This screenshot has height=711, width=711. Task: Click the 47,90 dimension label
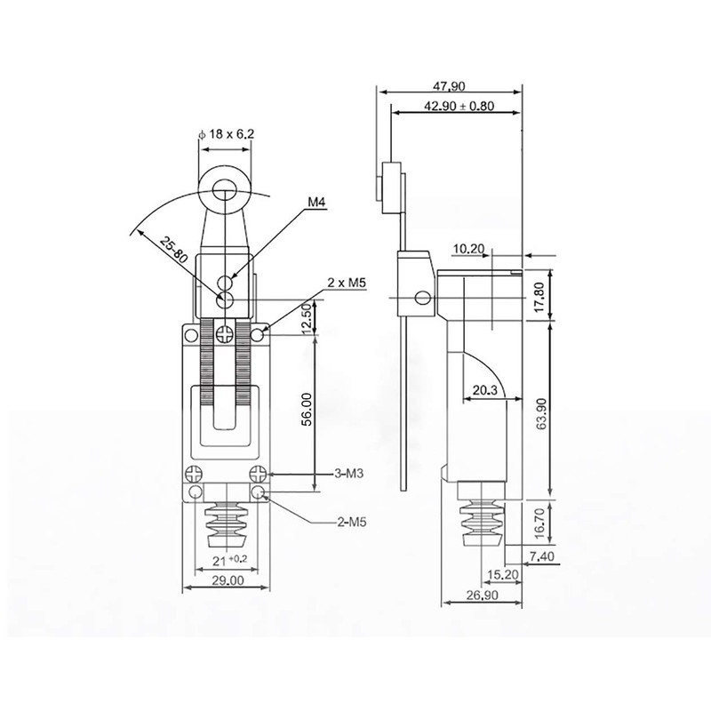click(x=449, y=85)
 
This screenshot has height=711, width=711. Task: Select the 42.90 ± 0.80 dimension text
click(x=459, y=106)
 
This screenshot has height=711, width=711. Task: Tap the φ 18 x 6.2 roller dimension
click(x=227, y=134)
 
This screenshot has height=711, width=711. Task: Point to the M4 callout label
click(x=317, y=203)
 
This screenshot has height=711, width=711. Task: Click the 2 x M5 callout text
click(x=347, y=283)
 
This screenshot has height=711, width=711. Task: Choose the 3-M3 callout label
click(x=348, y=474)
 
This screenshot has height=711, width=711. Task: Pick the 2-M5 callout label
click(x=351, y=523)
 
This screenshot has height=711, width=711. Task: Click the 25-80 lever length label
click(x=173, y=250)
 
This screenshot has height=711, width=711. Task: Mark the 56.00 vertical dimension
click(x=307, y=409)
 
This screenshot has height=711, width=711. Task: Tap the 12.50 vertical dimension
click(x=307, y=318)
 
